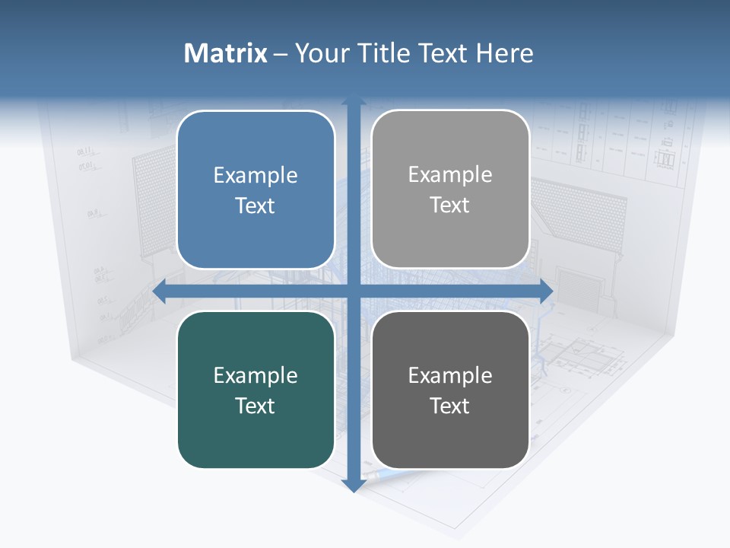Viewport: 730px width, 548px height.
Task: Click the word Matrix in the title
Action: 225,53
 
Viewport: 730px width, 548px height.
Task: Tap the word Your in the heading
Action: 320,53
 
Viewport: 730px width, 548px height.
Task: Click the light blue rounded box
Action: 255,190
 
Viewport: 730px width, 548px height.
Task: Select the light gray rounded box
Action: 450,189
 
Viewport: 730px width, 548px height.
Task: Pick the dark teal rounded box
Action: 255,390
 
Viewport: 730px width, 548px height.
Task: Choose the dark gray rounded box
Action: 450,390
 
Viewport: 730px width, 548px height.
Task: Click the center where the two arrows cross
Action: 353,290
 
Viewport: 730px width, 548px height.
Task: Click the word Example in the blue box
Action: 255,175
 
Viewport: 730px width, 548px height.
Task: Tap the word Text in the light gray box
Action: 450,205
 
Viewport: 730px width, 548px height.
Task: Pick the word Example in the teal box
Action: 255,375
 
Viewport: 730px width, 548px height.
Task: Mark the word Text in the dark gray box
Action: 450,406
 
